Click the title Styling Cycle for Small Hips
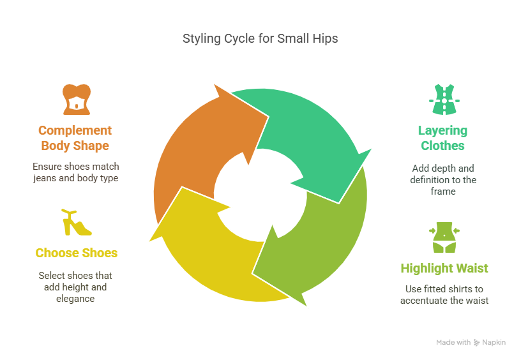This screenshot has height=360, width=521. pos(260,39)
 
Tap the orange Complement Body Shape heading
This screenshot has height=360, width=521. pos(75,138)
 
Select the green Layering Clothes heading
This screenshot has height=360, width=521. pos(442,138)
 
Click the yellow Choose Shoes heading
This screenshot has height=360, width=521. pos(76,253)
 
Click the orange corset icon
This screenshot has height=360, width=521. pos(76,99)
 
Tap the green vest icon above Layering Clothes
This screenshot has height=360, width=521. pos(442,99)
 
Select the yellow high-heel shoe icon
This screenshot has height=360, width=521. pos(76,222)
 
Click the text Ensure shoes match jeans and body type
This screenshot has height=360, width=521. pos(75,172)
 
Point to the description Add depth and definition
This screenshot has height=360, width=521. pos(442,179)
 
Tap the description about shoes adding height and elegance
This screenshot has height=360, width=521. pos(75,287)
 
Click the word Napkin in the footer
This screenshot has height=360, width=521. pos(494,343)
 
